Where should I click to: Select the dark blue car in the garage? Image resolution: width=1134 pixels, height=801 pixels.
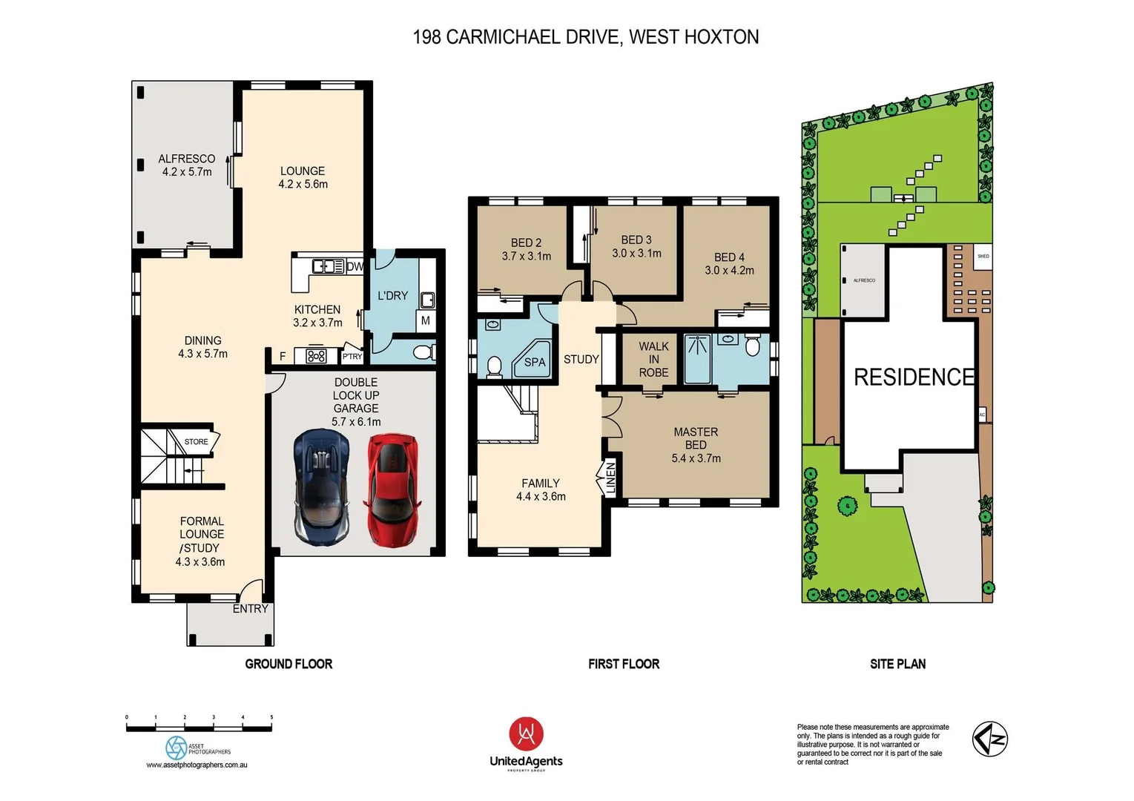[x=321, y=486]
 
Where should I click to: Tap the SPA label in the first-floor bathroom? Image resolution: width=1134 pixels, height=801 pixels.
[x=535, y=362]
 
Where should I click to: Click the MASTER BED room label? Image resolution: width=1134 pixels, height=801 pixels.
[x=695, y=438]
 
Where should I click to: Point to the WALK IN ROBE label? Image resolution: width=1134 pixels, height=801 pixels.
[x=653, y=360]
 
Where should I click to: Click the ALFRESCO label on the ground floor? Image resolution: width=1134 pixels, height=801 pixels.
[x=186, y=159]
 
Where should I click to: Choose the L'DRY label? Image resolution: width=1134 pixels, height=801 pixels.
[x=392, y=295]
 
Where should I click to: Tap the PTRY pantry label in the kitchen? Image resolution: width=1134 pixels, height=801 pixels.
[x=352, y=357]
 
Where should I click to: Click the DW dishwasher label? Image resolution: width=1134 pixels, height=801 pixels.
[x=355, y=266]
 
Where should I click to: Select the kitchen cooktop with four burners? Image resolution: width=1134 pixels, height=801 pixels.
[x=317, y=357]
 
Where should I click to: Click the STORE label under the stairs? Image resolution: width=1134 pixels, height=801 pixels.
[x=196, y=442]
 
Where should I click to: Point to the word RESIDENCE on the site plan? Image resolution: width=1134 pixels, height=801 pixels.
[x=913, y=378]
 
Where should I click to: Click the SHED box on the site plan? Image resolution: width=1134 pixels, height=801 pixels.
[x=983, y=257]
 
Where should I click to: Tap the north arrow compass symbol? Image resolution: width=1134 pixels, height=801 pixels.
[x=990, y=739]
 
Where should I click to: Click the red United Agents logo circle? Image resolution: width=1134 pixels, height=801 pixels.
[x=526, y=734]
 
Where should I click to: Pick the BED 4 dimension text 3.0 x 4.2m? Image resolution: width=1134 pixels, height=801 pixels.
[x=728, y=271]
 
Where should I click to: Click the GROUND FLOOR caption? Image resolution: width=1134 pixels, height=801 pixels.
[x=289, y=664]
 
